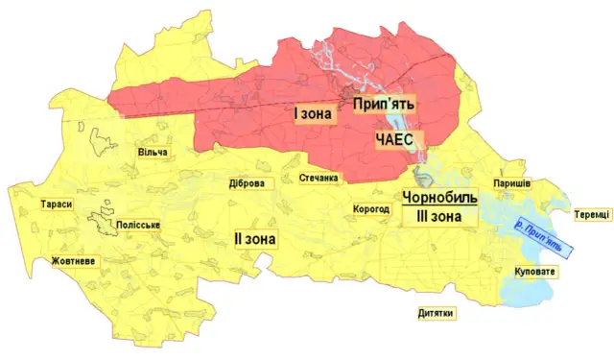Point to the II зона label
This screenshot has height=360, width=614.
point(254,237)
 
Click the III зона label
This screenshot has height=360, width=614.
point(439,217)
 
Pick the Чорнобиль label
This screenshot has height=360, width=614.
point(439,198)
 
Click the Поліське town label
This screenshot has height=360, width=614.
point(137,225)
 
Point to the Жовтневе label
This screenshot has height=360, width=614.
point(74,261)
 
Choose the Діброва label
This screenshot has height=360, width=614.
point(247,184)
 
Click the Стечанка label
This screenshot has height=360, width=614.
point(319,179)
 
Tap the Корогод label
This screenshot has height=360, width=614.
point(370,208)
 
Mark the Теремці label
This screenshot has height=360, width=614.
point(592,215)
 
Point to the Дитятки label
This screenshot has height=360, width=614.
point(436,314)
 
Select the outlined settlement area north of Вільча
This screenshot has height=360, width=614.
point(99,141)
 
